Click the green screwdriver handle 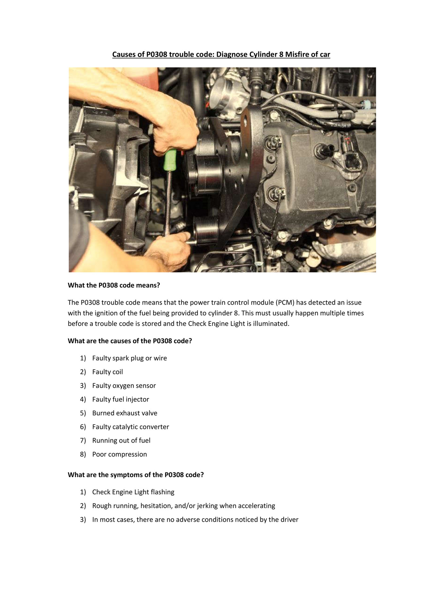coord(170,159)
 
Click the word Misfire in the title coord(297,55)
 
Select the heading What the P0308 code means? coord(114,285)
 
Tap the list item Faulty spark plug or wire coord(129,358)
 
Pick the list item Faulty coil coord(107,372)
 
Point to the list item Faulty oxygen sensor coord(124,385)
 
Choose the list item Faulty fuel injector coord(120,399)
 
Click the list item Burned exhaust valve coord(125,413)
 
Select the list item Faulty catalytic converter coord(130,427)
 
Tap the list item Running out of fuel coord(121,441)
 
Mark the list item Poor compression coord(120,454)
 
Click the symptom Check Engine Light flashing coord(133,492)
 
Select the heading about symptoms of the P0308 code coord(136,475)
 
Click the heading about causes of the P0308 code coord(130,341)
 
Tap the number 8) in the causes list coord(83,454)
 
